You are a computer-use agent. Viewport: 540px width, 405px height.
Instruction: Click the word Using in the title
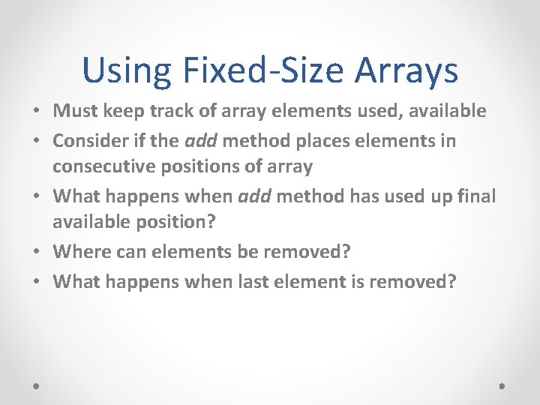pos(127,71)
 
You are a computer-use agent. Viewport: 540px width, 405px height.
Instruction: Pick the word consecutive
pos(100,166)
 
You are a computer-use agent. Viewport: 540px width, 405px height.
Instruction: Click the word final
pos(475,196)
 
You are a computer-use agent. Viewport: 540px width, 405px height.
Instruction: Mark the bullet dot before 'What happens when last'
pos(36,282)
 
